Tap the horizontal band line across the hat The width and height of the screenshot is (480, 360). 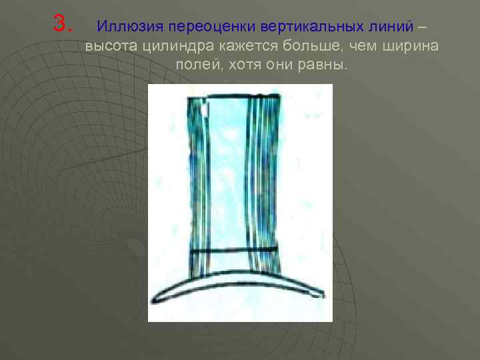tap(233, 250)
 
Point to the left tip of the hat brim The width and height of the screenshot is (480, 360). tap(155, 299)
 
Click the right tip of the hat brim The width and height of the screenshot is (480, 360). tap(323, 295)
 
